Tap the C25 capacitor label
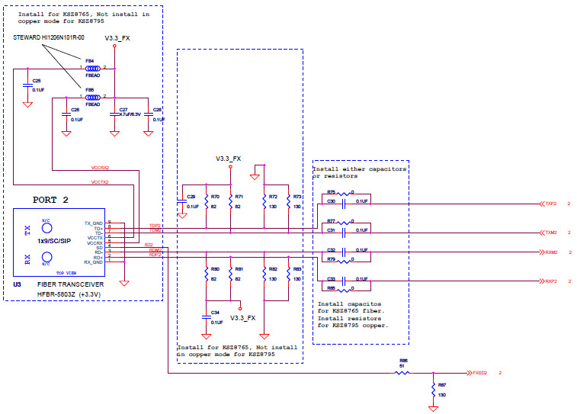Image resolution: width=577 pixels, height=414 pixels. (36, 80)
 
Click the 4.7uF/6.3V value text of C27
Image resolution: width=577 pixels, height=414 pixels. (130, 114)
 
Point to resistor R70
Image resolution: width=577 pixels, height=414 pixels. (206, 201)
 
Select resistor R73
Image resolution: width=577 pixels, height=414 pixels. (289, 201)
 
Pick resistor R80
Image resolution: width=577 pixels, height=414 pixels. (206, 274)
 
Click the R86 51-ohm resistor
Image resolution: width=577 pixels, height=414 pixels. (403, 373)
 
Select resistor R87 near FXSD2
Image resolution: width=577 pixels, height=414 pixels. (433, 390)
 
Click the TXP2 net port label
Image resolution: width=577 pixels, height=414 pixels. (550, 204)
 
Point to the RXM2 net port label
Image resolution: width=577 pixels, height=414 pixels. (550, 252)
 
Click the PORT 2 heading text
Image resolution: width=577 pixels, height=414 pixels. (50, 200)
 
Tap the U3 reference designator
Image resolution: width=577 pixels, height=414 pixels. (17, 284)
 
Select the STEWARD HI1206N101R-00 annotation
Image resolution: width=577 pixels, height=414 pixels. (48, 36)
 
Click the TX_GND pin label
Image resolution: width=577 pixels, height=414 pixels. (93, 223)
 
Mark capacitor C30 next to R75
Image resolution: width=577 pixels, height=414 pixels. (344, 203)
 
